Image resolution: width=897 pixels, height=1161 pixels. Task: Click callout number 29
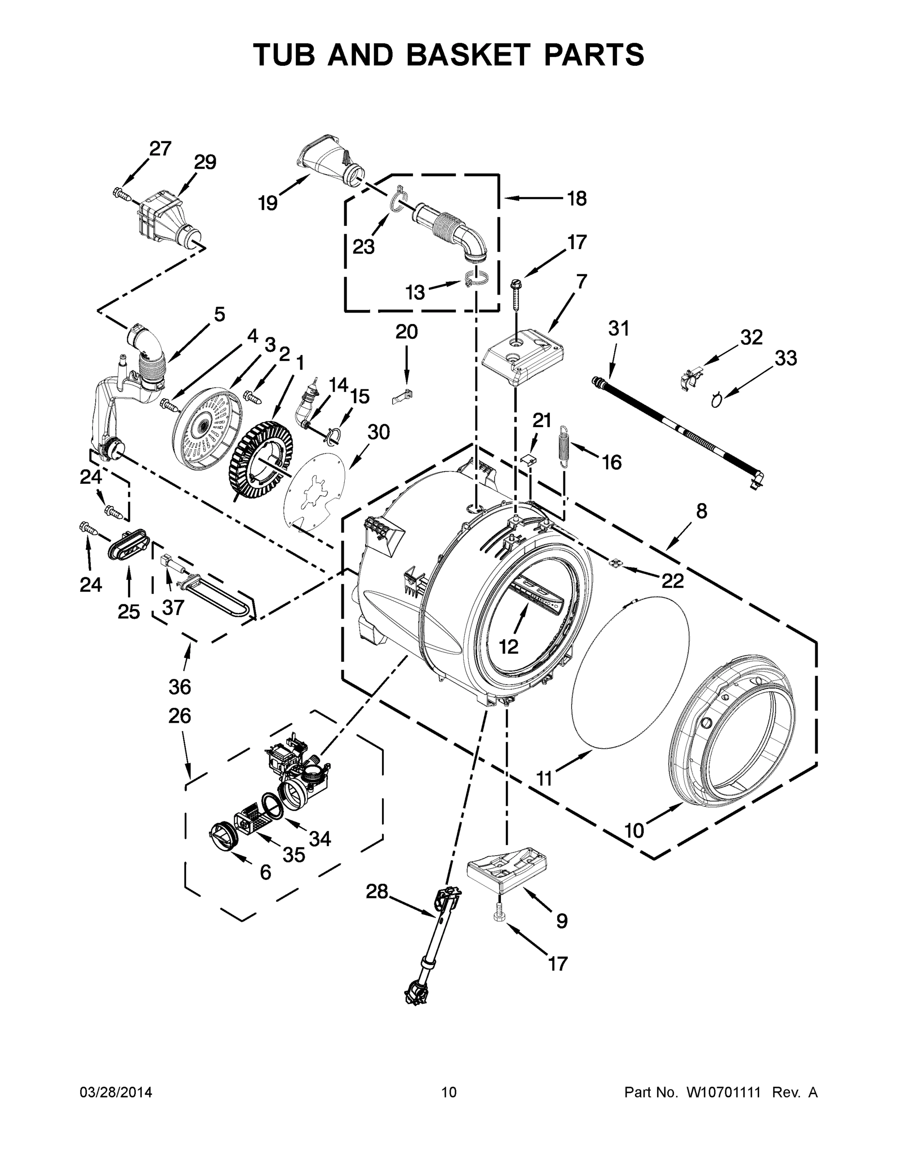coord(205,162)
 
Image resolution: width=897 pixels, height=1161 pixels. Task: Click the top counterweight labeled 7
coord(522,357)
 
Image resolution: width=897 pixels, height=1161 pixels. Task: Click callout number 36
coord(179,687)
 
